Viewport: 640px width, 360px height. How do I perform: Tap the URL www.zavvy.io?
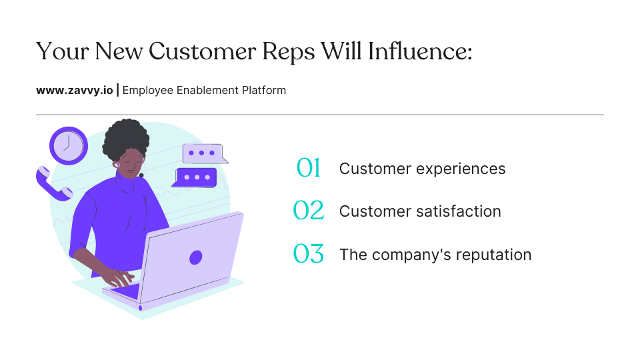[x=75, y=90]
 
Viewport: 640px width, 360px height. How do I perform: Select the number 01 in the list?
[x=309, y=169]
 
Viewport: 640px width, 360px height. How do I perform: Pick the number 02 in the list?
[x=309, y=211]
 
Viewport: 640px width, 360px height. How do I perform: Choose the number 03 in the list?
[x=309, y=254]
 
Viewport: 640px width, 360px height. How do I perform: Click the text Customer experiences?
[x=422, y=169]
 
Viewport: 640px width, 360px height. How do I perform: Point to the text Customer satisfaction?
[x=420, y=211]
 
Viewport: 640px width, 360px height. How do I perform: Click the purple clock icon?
[x=69, y=145]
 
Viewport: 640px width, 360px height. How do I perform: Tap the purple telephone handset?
[x=53, y=184]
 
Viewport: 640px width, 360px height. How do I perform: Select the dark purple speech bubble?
[x=195, y=177]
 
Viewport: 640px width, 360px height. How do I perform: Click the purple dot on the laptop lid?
[x=195, y=257]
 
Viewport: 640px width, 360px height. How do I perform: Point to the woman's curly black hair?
[x=127, y=137]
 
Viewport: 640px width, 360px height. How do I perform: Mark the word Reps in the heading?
[x=287, y=51]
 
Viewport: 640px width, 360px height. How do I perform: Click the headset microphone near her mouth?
[x=141, y=175]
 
